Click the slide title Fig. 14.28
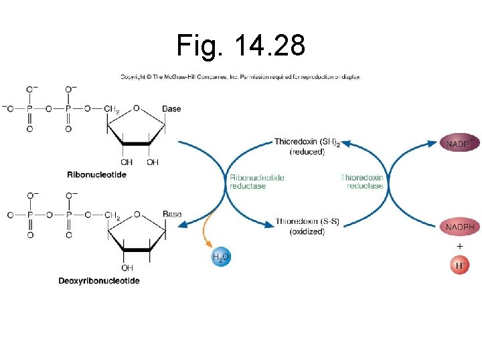click(241, 45)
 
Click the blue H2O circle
click(221, 257)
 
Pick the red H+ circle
click(459, 265)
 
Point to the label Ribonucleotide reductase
click(257, 182)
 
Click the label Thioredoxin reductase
click(361, 182)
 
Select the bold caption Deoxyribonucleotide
click(98, 281)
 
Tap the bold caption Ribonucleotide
click(97, 174)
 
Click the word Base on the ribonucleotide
click(171, 108)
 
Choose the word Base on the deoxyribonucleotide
click(172, 214)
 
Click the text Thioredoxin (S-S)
click(307, 222)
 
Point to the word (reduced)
click(307, 152)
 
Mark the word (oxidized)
click(307, 232)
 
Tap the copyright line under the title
click(240, 77)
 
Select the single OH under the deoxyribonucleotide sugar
click(127, 268)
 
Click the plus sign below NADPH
click(459, 246)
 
